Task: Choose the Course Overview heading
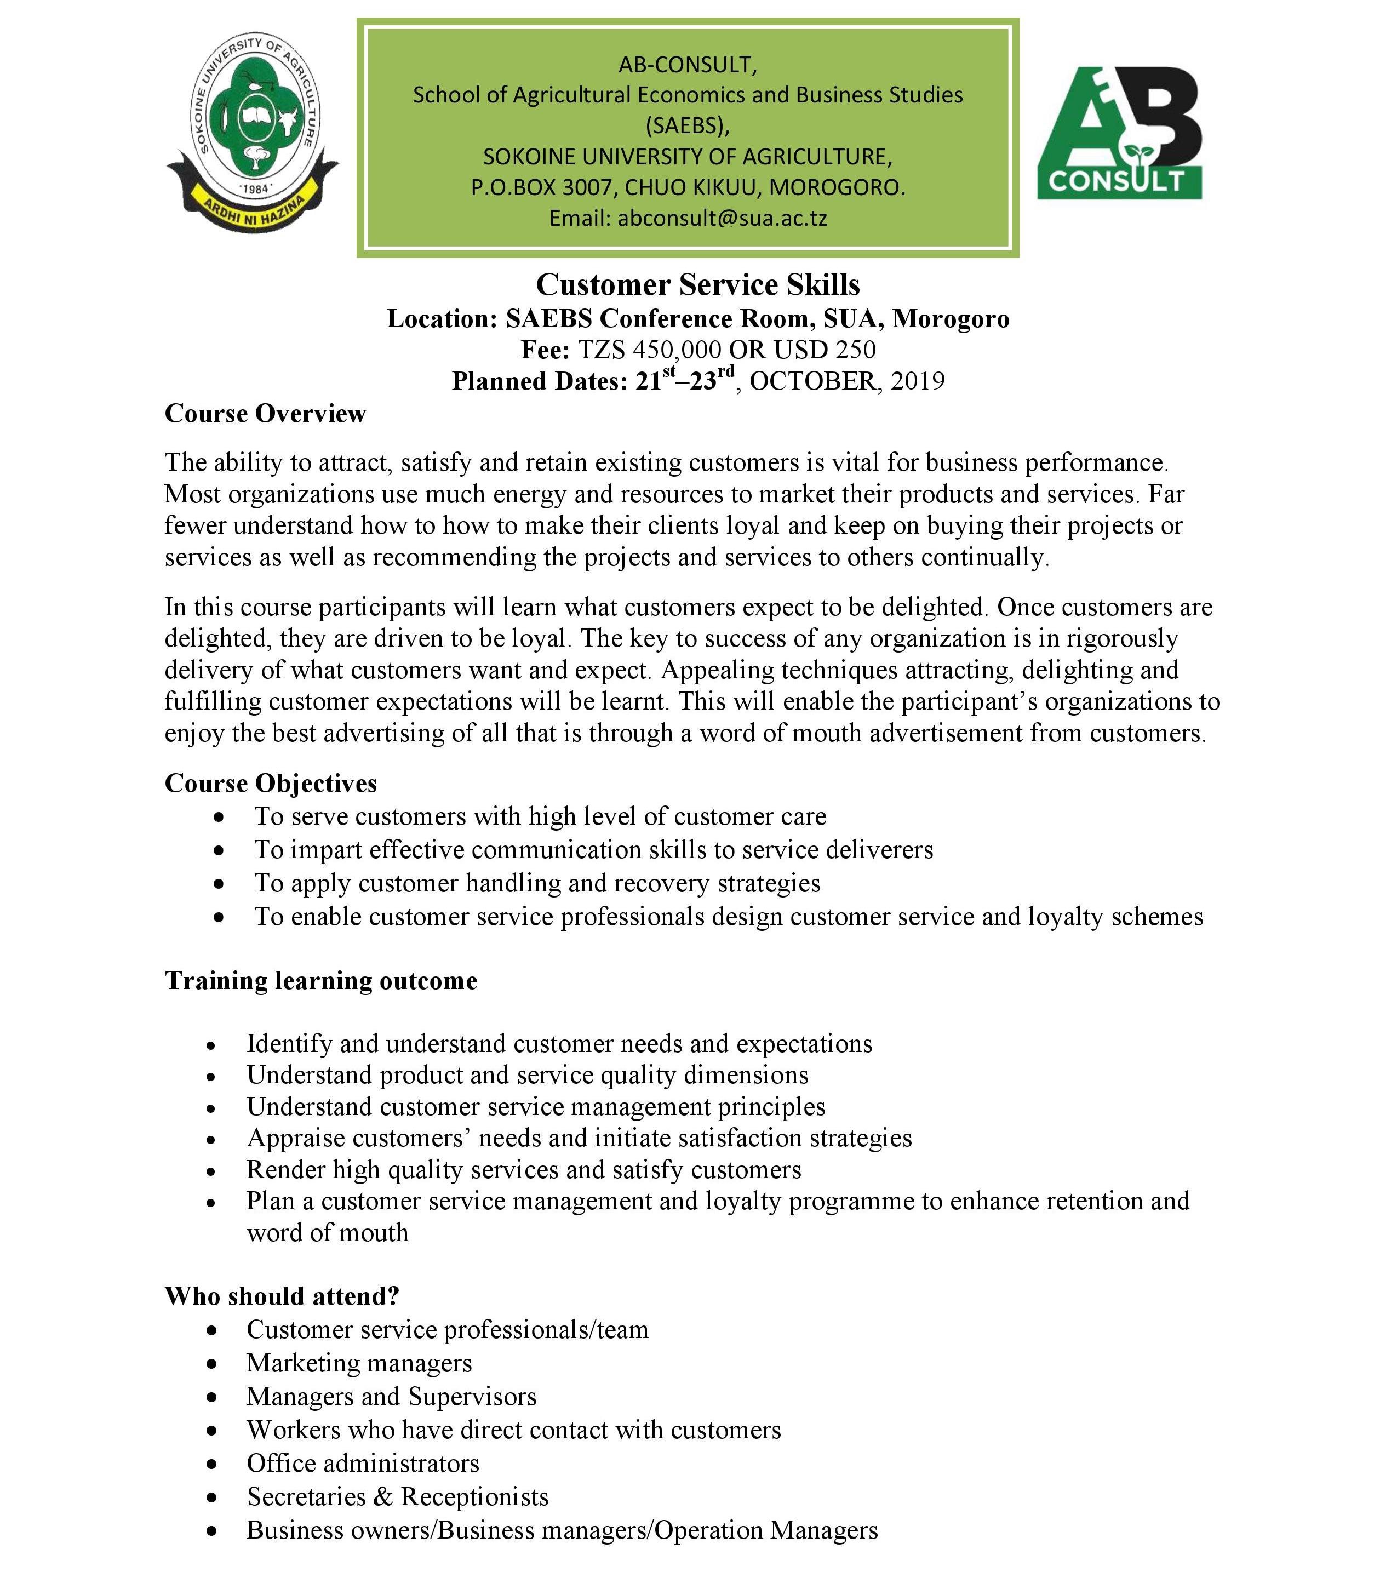pos(265,414)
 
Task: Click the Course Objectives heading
pos(271,783)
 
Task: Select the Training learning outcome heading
pos(321,980)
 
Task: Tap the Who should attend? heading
pos(282,1296)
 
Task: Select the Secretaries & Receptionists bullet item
pos(397,1496)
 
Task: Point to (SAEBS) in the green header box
pos(687,125)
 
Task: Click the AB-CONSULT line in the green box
pos(687,65)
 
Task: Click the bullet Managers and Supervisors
pos(391,1396)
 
